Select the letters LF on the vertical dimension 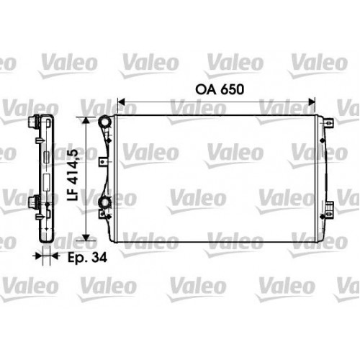click(72, 195)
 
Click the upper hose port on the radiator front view click(106, 122)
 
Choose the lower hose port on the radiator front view click(106, 205)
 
